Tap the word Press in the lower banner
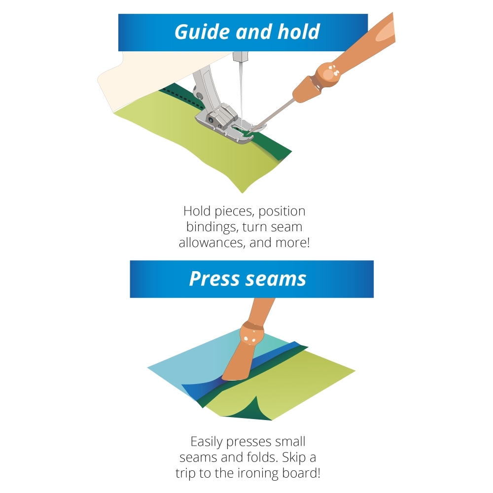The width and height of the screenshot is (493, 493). pyautogui.click(x=214, y=279)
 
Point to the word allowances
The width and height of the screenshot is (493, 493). pyautogui.click(x=212, y=243)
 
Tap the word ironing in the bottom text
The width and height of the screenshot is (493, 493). pyautogui.click(x=257, y=473)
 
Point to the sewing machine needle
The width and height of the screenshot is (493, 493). pyautogui.click(x=241, y=91)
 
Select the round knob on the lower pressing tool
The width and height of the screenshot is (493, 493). pyautogui.click(x=251, y=334)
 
